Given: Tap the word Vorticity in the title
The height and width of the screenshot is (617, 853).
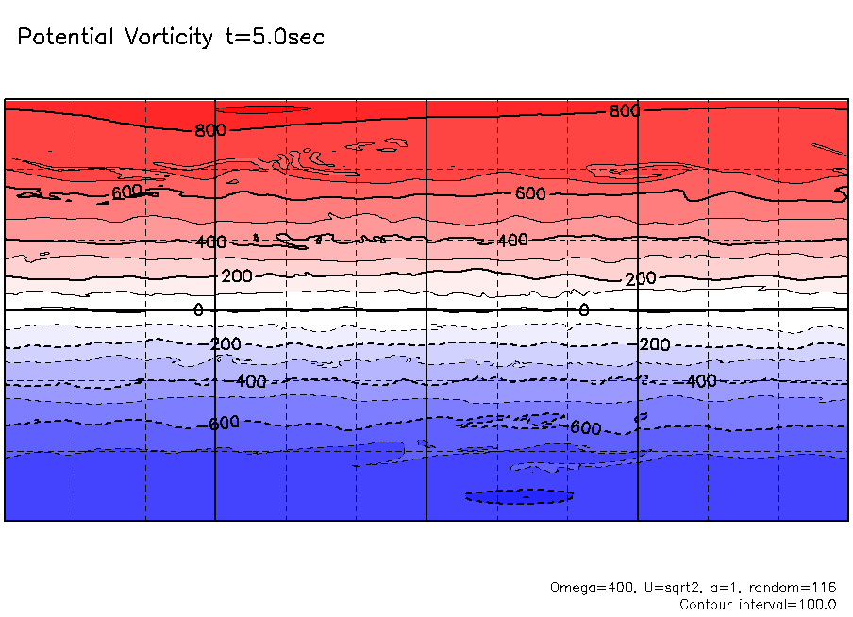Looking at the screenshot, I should coord(170,38).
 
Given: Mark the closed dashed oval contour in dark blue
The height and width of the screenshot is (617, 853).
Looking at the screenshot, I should coord(519,495).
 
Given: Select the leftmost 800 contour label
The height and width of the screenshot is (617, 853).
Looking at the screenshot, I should coord(210,130).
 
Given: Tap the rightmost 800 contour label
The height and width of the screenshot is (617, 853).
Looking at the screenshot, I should coord(624,111).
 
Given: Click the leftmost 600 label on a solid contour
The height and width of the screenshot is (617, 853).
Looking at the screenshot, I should coord(126,192).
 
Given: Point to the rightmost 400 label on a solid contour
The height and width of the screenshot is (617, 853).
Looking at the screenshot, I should coord(512,241).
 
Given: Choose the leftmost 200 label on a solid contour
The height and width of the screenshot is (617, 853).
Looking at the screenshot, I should coord(237,276).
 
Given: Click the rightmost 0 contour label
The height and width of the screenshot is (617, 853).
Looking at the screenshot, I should coord(583,309).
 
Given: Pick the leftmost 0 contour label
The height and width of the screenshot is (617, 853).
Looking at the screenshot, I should coord(198,309).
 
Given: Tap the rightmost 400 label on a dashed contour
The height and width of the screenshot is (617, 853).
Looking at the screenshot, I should coord(701,381).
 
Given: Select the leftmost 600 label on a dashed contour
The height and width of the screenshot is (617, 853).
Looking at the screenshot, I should coord(224,424).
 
